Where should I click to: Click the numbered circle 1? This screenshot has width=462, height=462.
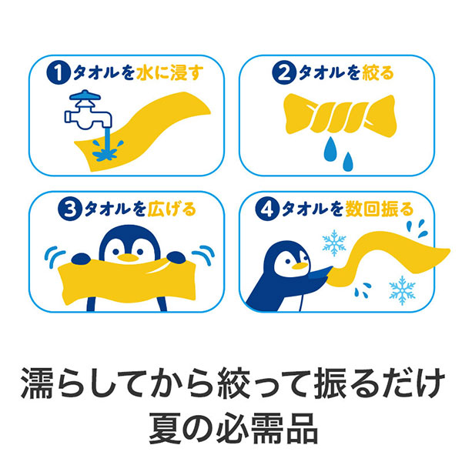coord(58,74)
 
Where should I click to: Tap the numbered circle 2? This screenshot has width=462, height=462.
coord(285,74)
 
